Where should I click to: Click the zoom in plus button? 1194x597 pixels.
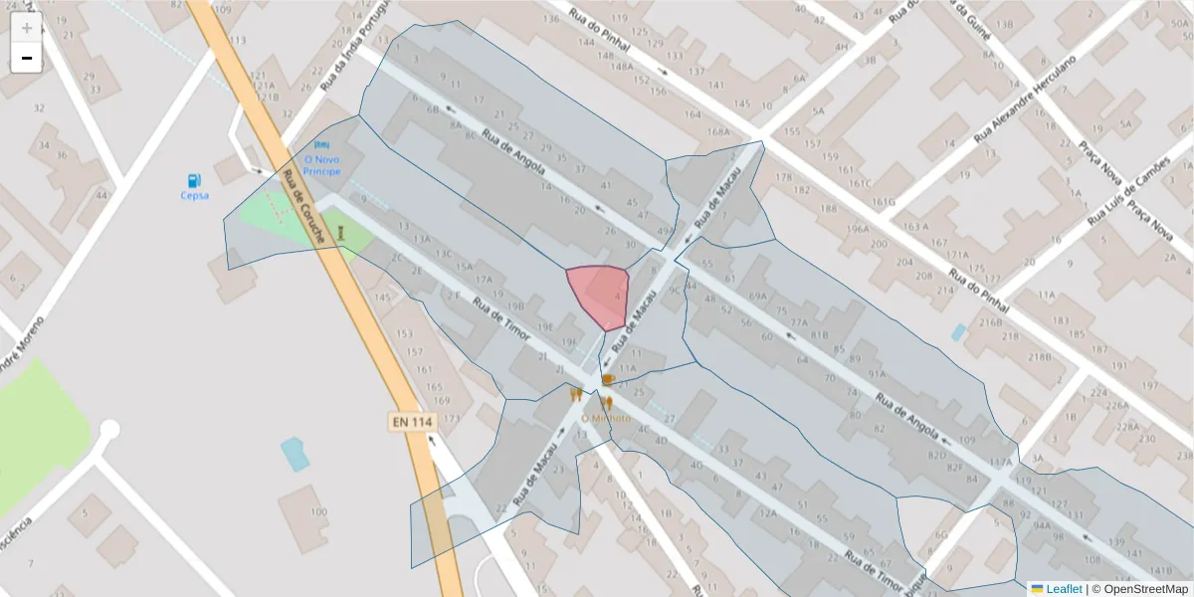pos(27,28)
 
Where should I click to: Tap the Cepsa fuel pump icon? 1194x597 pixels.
pos(195,180)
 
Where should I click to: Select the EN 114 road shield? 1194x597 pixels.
pos(412,422)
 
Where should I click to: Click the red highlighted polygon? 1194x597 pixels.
pos(599,296)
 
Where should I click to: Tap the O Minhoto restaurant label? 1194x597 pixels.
pos(606,418)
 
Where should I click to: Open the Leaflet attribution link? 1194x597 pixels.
pos(1063,589)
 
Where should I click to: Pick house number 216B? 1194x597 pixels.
pos(990,323)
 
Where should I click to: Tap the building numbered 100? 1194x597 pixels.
pos(318,511)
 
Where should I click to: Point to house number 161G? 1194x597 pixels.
pos(884,202)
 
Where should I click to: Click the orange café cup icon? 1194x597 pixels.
pos(607,379)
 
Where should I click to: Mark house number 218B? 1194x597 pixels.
pos(1039,356)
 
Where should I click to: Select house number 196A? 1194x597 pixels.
pos(858,228)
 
